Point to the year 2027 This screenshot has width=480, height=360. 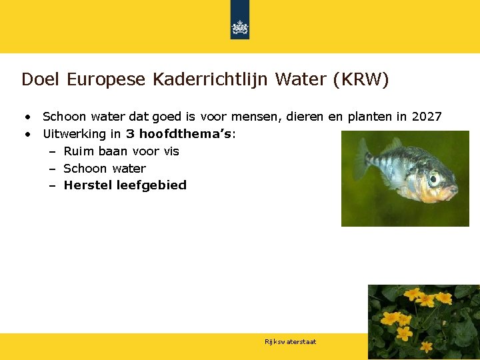click(427, 117)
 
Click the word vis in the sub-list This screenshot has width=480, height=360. click(171, 151)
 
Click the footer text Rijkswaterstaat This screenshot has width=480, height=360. click(290, 342)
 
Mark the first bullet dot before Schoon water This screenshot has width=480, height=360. click(29, 117)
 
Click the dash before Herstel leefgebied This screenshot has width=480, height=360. click(52, 185)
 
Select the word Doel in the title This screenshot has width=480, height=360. click(39, 80)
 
